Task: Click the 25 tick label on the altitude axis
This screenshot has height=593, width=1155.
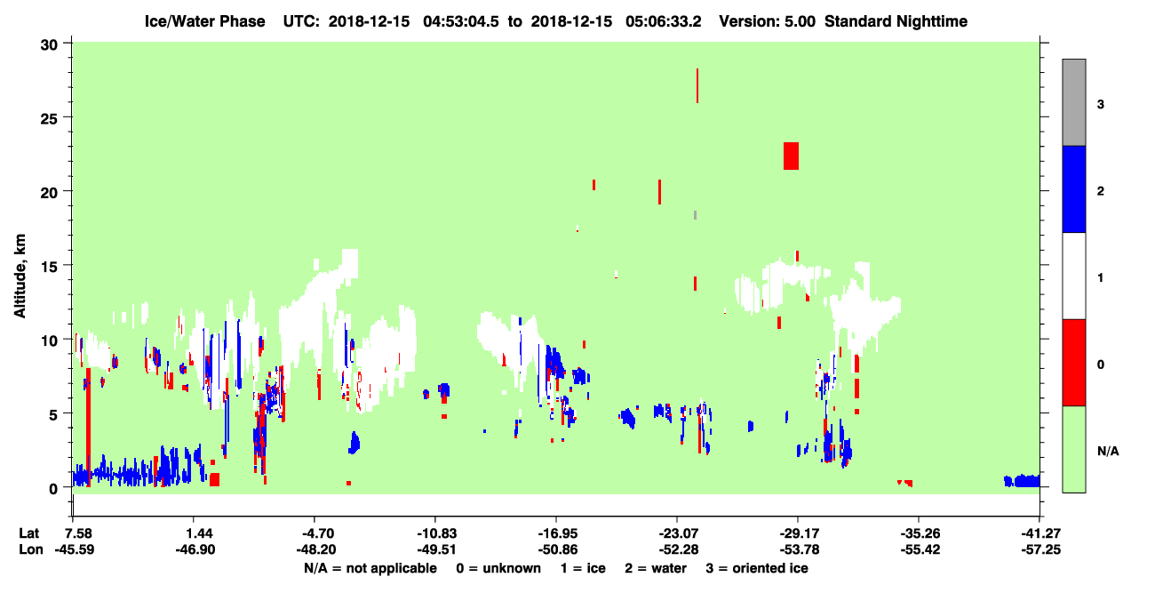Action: point(49,119)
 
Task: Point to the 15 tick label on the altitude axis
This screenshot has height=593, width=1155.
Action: point(49,267)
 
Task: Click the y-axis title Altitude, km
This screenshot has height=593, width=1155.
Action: point(20,276)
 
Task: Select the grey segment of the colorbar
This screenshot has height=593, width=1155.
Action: point(1074,102)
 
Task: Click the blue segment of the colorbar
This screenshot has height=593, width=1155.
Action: point(1074,188)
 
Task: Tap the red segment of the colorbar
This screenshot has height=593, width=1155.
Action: point(1074,363)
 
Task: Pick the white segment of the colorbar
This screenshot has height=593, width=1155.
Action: point(1074,276)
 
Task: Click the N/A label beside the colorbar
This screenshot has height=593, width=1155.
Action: point(1108,452)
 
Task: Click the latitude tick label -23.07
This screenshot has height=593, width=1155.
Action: point(678,533)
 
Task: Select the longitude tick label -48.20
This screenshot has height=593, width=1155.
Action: point(315,549)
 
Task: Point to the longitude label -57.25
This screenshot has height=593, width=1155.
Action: point(1041,549)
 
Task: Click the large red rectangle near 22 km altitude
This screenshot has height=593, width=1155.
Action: point(791,156)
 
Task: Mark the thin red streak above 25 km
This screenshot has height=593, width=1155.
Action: point(697,85)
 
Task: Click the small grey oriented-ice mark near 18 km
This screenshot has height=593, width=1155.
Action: point(695,215)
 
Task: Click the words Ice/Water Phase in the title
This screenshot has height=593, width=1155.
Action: point(204,21)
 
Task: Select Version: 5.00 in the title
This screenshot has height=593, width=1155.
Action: point(768,21)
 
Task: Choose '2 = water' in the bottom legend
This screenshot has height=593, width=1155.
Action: point(656,568)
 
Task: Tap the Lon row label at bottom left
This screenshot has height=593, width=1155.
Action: point(31,549)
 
